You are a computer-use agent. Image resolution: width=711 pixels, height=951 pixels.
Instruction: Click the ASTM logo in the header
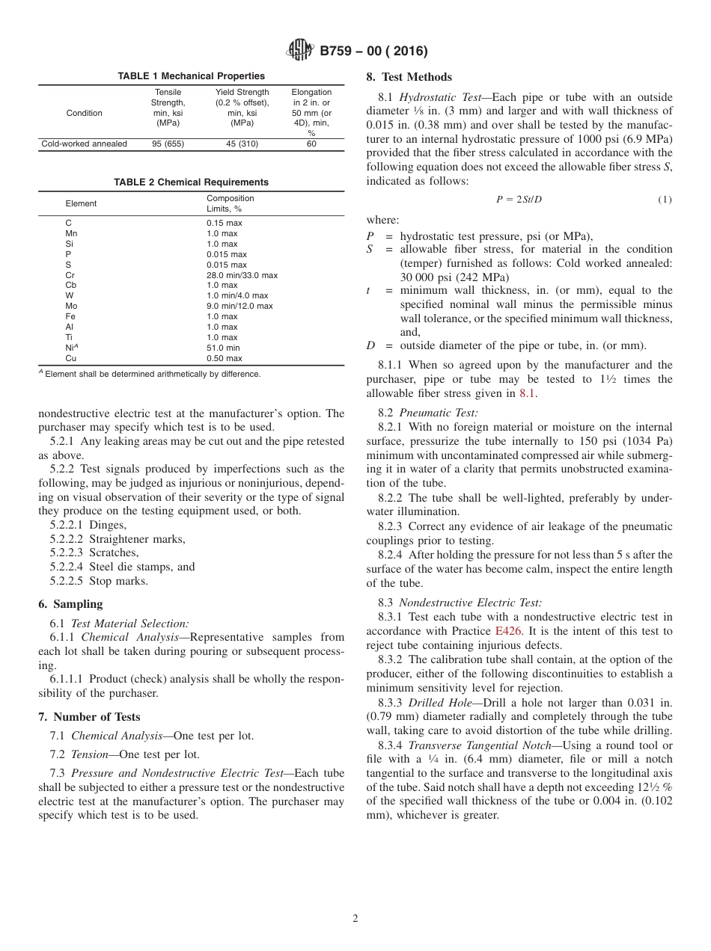tap(300, 51)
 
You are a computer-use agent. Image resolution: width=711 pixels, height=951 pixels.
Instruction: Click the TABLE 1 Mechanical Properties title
tap(191, 76)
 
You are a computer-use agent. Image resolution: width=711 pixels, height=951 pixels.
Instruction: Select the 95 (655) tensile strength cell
tap(168, 144)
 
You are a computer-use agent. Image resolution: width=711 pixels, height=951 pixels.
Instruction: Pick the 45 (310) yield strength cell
tap(242, 144)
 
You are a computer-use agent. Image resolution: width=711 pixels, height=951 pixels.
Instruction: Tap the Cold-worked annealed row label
tap(84, 144)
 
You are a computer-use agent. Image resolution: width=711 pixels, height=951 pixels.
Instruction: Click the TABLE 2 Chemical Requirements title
tap(191, 182)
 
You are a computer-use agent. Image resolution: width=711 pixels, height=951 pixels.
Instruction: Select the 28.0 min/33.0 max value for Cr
tap(242, 275)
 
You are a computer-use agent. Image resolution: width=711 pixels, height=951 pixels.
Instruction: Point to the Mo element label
tap(71, 306)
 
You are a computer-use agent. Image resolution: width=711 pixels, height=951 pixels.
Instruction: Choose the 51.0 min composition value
tap(223, 348)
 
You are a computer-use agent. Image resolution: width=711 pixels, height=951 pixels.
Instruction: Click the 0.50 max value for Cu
tap(224, 358)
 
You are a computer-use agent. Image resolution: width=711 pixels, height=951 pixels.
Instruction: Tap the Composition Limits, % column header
tap(231, 203)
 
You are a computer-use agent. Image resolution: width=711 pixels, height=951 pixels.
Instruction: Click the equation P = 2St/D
tap(519, 200)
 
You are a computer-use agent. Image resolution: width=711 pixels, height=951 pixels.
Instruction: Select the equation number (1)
tap(665, 200)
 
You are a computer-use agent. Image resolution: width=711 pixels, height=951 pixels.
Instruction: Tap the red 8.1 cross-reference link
tap(528, 394)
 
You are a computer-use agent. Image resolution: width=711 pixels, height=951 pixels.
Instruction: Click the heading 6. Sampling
tap(70, 604)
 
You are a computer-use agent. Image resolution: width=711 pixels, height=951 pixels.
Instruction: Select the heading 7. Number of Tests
tap(89, 717)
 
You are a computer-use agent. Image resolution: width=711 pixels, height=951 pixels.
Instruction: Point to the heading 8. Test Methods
tap(409, 77)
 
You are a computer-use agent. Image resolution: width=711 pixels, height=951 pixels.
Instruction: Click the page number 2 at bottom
tap(355, 919)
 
